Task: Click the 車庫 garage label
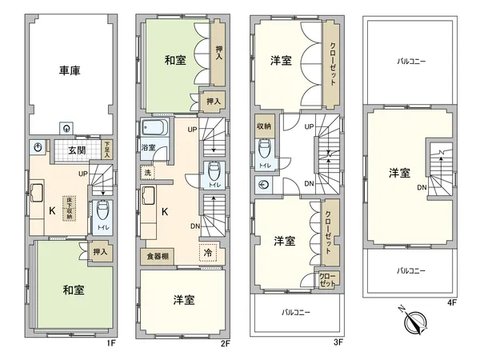point(69,70)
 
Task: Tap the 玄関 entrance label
point(77,150)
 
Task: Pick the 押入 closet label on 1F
point(100,252)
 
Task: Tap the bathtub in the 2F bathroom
point(152,129)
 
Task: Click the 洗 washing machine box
point(147,173)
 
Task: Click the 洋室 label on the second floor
point(184,300)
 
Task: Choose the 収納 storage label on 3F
point(263,126)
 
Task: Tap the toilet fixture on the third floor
point(264,150)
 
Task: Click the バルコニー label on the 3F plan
point(296,311)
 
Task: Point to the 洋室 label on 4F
point(399,173)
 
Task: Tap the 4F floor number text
point(451,303)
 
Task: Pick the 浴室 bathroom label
point(149,148)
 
